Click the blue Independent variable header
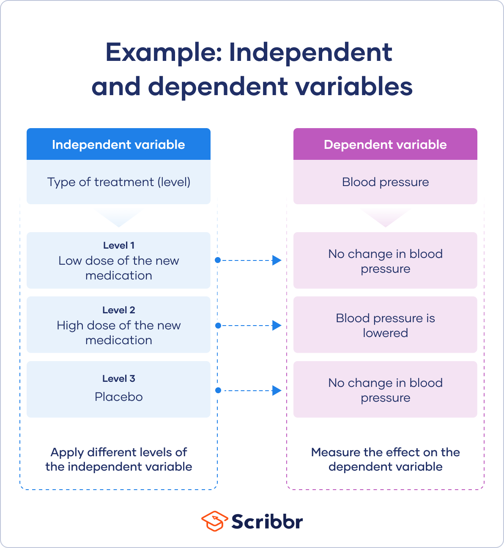point(118,145)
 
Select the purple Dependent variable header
point(385,145)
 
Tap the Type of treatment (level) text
point(118,182)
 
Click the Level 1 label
point(118,245)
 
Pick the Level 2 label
point(118,310)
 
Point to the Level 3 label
point(118,378)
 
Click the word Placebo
point(118,397)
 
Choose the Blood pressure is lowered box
point(385,325)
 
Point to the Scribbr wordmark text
point(267,521)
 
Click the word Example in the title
point(163,52)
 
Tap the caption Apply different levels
point(118,459)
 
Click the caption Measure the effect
point(385,459)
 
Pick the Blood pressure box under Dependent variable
point(385,182)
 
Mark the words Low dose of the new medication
point(118,268)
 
